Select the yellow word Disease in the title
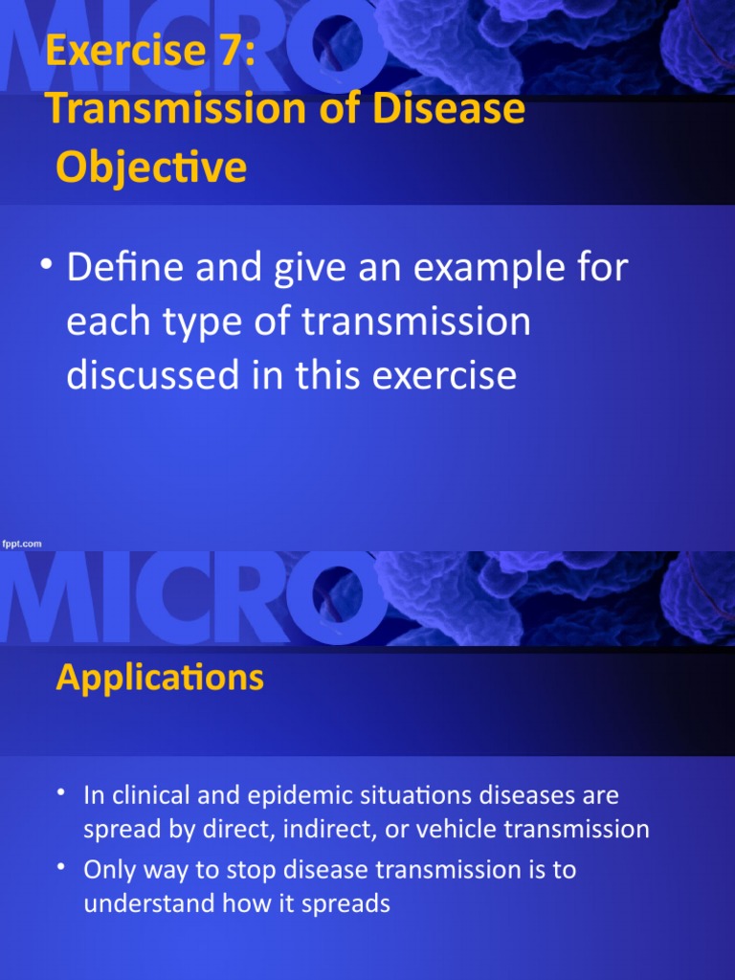[448, 108]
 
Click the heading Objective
[151, 167]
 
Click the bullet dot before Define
[46, 264]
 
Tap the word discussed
[153, 375]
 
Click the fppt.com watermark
[22, 544]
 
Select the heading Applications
[160, 679]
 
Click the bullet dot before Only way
[60, 866]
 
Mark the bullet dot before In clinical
[60, 791]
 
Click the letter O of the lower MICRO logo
[338, 598]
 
